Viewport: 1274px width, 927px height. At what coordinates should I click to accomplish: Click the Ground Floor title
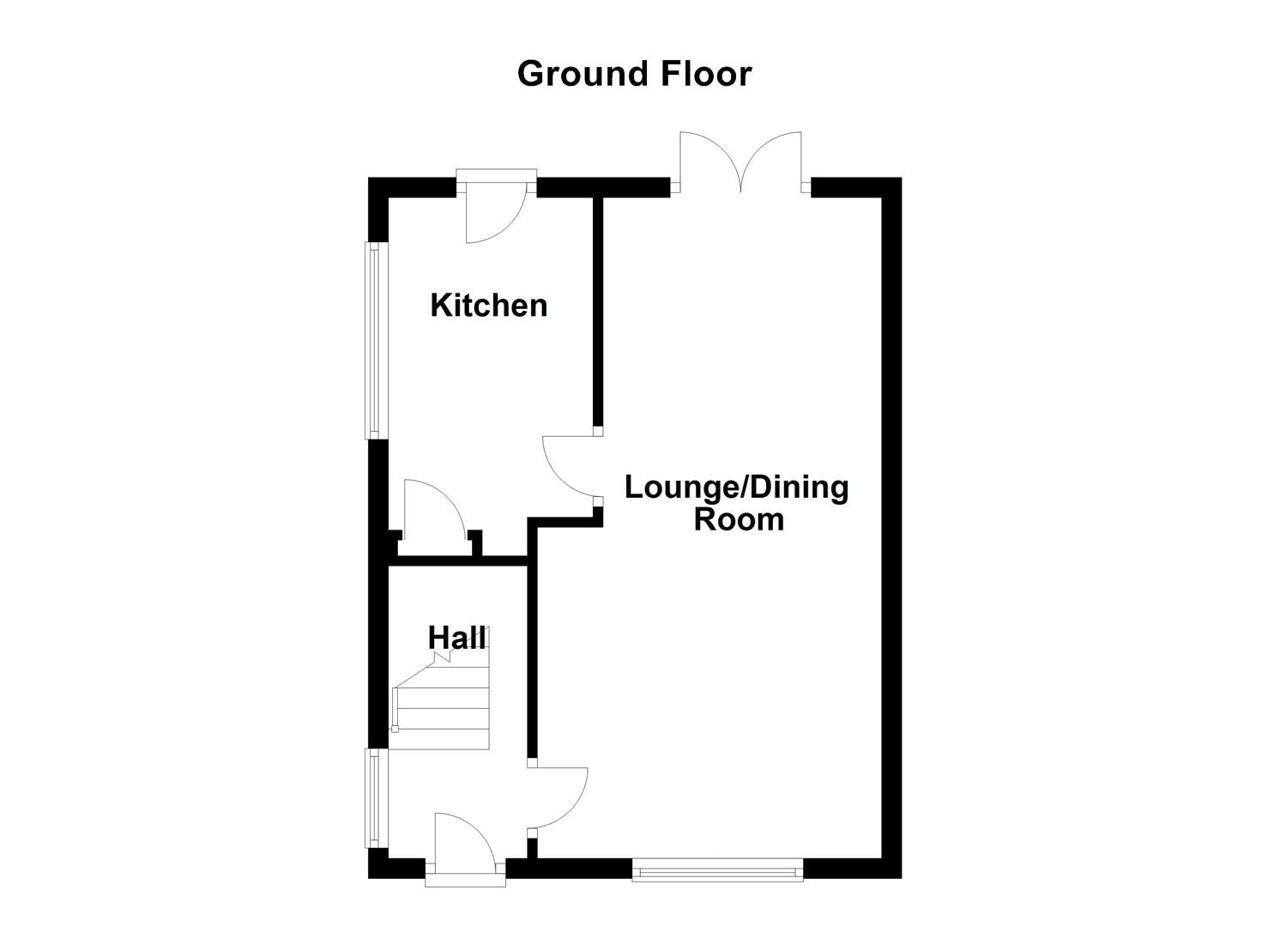(634, 74)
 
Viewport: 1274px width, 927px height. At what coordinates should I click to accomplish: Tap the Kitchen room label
(488, 306)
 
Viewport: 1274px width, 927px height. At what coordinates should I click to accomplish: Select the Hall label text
(456, 638)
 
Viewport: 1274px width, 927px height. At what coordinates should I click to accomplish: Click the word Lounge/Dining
(736, 488)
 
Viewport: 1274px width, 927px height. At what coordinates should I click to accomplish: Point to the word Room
(739, 520)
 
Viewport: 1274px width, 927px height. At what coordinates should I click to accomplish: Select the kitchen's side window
(373, 341)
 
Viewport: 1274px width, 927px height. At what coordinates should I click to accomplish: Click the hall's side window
(373, 798)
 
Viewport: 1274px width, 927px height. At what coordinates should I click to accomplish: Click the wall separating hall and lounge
(532, 652)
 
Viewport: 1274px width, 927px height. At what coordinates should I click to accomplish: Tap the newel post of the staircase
(395, 730)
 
